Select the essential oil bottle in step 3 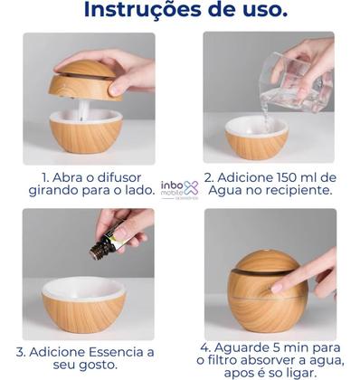pos(107,242)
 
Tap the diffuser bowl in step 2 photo pos(256,139)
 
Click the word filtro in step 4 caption pos(230,363)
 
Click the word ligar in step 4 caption pos(306,375)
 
